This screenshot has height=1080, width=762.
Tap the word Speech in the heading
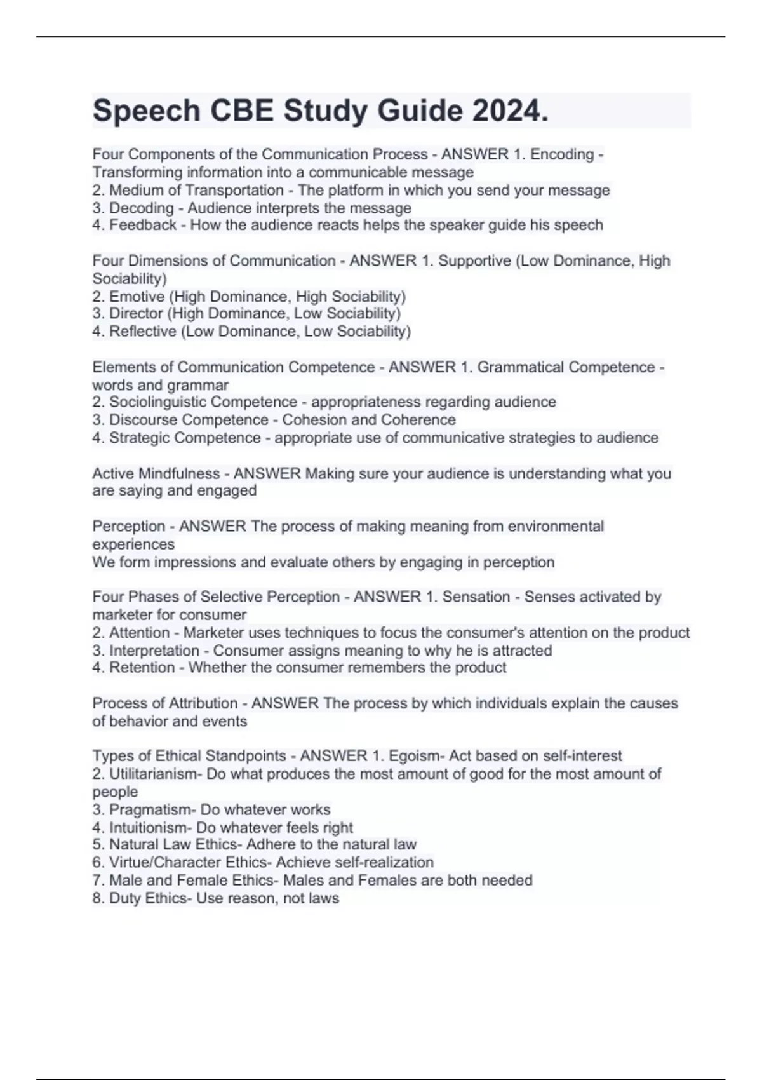pos(146,111)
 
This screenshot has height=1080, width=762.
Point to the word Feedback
pos(143,225)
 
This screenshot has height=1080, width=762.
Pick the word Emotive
pos(137,297)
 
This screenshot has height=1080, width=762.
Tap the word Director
pos(136,313)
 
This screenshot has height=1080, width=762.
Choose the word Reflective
pos(143,331)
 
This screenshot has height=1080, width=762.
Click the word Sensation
pos(476,597)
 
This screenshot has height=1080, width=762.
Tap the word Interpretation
pos(154,651)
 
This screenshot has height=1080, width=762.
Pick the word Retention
pos(141,668)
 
